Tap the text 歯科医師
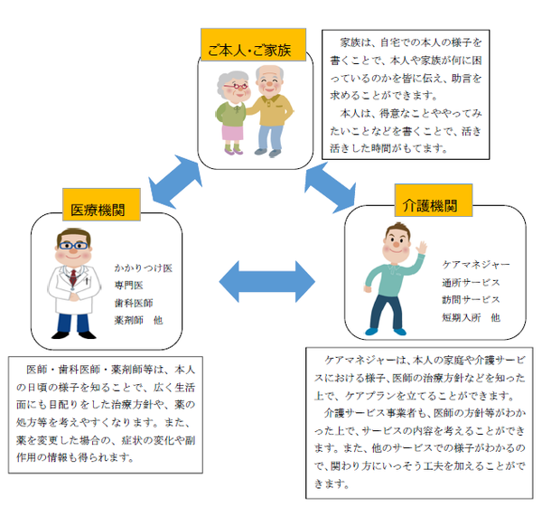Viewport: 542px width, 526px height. (134, 303)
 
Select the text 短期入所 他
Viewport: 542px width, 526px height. (470, 318)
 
